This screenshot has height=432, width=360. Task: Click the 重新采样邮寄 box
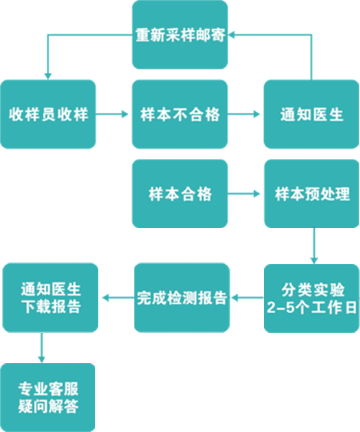180,35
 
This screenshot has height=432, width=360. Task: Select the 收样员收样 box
48,114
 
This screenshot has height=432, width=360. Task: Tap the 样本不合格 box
180,114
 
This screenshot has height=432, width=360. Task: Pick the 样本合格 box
180,193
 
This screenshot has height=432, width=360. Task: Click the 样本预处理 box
312,193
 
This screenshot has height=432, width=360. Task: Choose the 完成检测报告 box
182,298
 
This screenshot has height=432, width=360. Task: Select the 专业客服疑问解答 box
48,397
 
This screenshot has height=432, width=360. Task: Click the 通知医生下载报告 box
50,298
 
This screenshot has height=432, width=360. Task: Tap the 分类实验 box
312,298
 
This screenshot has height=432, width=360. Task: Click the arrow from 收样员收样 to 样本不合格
112,114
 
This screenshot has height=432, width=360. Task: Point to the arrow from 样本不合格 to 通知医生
243,114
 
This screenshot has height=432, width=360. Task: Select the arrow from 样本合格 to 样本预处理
243,194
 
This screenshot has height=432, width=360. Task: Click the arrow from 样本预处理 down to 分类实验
314,246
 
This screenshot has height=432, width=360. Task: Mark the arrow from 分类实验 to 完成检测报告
247,298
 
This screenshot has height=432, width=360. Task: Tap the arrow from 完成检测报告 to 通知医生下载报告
118,298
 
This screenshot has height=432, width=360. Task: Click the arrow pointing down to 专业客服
41,348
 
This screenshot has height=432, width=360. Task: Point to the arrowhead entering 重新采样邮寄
231,35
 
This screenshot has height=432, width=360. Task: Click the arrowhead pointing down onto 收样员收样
48,76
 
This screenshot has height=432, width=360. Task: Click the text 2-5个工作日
312,307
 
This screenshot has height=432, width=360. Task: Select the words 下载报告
51,306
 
